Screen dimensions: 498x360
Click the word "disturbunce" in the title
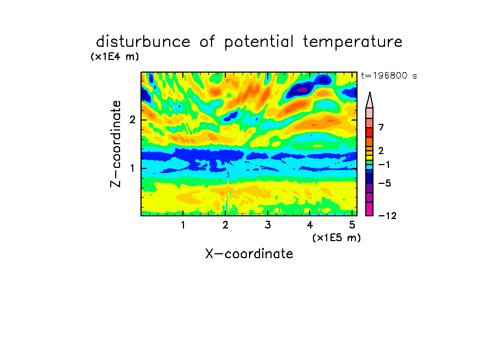point(143,42)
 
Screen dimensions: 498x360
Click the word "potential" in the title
point(259,42)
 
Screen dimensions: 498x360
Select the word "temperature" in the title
point(353,42)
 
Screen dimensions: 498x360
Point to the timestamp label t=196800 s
point(389,75)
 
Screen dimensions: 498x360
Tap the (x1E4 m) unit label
point(115,57)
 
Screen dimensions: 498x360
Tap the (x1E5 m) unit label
point(337,237)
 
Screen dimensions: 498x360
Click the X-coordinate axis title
point(249,254)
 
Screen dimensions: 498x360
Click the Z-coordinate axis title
point(116,144)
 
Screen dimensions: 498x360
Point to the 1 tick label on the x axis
point(183,225)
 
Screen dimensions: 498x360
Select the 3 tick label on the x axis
point(267,225)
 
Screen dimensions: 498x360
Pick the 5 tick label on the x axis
point(352,225)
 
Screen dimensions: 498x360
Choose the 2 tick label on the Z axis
point(132,120)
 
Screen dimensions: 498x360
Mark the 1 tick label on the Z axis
point(132,168)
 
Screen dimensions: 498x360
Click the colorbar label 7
point(381,127)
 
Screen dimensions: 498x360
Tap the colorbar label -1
point(384,165)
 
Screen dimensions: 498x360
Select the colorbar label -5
point(385,183)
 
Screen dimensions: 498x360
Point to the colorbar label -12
point(387,216)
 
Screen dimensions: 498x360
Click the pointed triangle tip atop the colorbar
point(370,92)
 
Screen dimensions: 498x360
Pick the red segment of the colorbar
point(370,132)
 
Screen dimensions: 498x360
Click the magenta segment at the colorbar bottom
point(370,209)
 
